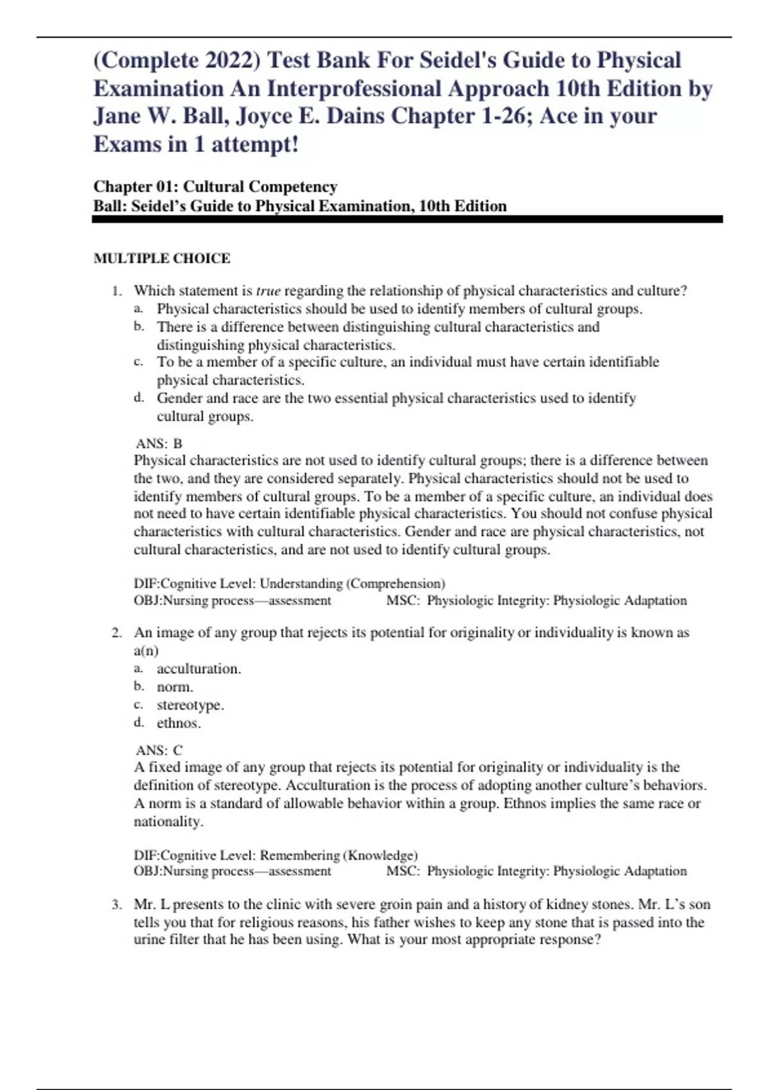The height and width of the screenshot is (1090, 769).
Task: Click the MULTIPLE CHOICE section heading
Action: click(x=161, y=258)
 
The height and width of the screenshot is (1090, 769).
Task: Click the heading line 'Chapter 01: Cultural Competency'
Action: click(x=215, y=187)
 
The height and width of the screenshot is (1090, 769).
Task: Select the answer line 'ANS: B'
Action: click(x=159, y=443)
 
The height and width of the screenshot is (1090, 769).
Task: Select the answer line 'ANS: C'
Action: click(x=159, y=750)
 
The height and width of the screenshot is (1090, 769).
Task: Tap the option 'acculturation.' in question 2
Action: click(x=199, y=669)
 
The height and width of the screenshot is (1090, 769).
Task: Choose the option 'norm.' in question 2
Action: click(x=175, y=687)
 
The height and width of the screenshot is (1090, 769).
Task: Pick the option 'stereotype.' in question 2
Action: click(x=190, y=705)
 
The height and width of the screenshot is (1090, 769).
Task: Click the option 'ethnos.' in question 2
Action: click(x=179, y=723)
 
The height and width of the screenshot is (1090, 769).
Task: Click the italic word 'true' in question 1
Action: click(x=268, y=291)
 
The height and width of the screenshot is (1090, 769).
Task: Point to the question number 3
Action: click(x=117, y=905)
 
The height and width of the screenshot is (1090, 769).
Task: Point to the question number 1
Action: click(x=117, y=291)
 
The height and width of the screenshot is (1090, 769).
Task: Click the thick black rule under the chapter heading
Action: click(x=408, y=219)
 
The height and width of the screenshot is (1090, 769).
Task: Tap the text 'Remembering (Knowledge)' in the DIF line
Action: click(x=338, y=855)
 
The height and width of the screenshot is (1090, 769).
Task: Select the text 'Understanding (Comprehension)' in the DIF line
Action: click(x=352, y=583)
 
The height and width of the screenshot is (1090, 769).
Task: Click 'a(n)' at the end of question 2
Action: click(x=146, y=650)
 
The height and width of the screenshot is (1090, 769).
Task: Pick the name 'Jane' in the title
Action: click(x=117, y=116)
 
